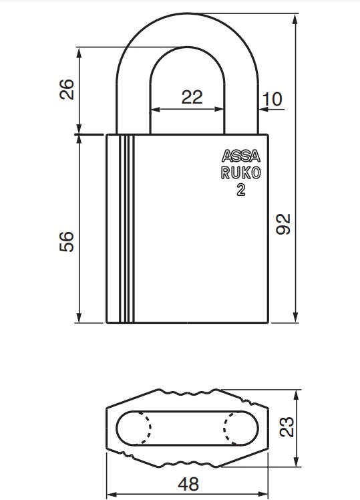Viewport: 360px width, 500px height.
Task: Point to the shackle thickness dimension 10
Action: pos(273,100)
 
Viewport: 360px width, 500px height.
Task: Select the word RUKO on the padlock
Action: pos(241,173)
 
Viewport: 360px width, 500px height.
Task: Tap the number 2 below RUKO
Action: pos(240,190)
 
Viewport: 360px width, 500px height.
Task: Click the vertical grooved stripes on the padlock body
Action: pos(123,227)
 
